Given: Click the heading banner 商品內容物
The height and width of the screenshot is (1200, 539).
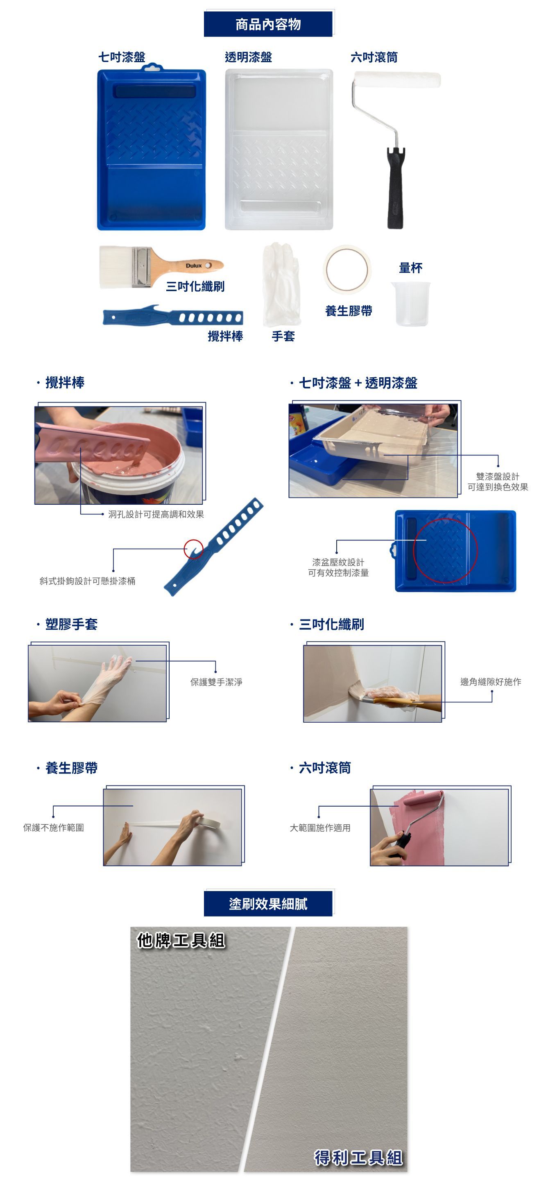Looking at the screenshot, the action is (268, 24).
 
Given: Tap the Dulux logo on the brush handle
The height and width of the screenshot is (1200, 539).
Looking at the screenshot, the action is (194, 265).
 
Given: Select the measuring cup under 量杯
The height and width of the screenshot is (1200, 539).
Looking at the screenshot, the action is (410, 303).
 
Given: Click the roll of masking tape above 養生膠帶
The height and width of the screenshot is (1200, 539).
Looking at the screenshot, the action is (347, 269).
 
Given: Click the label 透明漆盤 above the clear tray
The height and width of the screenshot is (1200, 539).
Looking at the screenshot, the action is (248, 57).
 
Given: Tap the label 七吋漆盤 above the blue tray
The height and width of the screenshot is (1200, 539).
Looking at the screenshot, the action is (122, 57).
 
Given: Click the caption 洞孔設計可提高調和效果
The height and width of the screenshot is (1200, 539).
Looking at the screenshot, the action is (156, 514).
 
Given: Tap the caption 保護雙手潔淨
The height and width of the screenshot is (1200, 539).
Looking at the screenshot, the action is (216, 682).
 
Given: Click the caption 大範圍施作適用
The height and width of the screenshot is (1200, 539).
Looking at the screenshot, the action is (320, 828).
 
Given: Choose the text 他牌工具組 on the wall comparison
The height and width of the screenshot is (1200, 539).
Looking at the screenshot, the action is (181, 940).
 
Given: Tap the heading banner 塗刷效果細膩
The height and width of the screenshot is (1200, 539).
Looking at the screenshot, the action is (268, 904).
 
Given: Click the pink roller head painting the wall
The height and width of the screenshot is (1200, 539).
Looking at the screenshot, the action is (423, 798).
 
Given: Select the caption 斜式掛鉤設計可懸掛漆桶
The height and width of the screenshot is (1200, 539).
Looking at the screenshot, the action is (88, 581).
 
